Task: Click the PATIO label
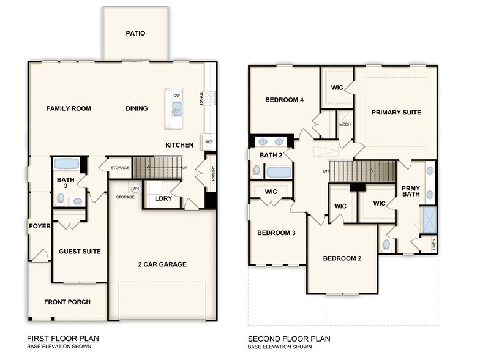click(x=135, y=33)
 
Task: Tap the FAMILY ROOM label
click(x=69, y=108)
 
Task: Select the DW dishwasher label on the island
click(x=176, y=96)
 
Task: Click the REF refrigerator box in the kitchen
click(x=209, y=142)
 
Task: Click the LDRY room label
click(x=163, y=198)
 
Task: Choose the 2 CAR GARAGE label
click(x=162, y=264)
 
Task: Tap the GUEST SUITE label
click(x=80, y=252)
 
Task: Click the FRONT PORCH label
click(x=67, y=302)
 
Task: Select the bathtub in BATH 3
click(x=66, y=164)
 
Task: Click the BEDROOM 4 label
click(x=284, y=100)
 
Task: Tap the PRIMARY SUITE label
click(x=396, y=113)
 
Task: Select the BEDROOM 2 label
click(x=342, y=258)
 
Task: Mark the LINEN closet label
click(x=433, y=245)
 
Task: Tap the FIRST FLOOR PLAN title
click(x=63, y=338)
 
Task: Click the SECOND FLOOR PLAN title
click(x=289, y=338)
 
